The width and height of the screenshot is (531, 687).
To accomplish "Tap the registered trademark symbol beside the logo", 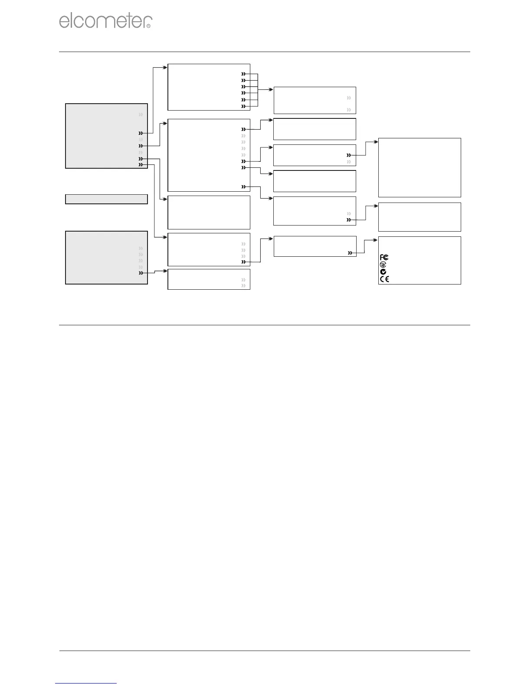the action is pyautogui.click(x=149, y=26).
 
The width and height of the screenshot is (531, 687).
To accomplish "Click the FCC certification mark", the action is pyautogui.click(x=384, y=258).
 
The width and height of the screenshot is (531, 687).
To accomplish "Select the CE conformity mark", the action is pyautogui.click(x=384, y=279).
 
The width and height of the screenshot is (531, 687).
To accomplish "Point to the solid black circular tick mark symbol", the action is pyautogui.click(x=383, y=272).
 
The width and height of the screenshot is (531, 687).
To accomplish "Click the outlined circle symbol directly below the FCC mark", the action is pyautogui.click(x=383, y=265).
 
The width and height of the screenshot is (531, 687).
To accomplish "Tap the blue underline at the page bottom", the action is pyautogui.click(x=86, y=684).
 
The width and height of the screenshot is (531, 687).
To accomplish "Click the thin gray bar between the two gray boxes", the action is pyautogui.click(x=106, y=199).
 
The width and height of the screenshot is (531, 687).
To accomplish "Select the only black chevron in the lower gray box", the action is pyautogui.click(x=141, y=273).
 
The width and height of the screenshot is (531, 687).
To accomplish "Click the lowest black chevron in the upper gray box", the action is pyautogui.click(x=141, y=165).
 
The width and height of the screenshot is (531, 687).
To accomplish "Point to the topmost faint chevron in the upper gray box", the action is pyautogui.click(x=141, y=115).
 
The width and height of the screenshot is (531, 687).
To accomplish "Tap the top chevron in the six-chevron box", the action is pyautogui.click(x=244, y=74).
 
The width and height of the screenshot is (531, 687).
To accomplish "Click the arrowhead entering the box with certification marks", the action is pyautogui.click(x=376, y=239).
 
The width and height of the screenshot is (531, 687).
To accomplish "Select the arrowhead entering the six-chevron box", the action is pyautogui.click(x=165, y=67).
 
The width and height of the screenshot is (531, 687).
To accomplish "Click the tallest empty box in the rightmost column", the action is pyautogui.click(x=420, y=167).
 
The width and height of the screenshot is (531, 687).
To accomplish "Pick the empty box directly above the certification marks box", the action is pyautogui.click(x=420, y=217).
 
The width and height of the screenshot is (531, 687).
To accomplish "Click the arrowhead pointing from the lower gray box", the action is pyautogui.click(x=165, y=271).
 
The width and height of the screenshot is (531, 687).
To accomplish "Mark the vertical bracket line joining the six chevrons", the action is pyautogui.click(x=258, y=90).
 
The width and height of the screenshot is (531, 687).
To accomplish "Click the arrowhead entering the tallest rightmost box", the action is pyautogui.click(x=376, y=141).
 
